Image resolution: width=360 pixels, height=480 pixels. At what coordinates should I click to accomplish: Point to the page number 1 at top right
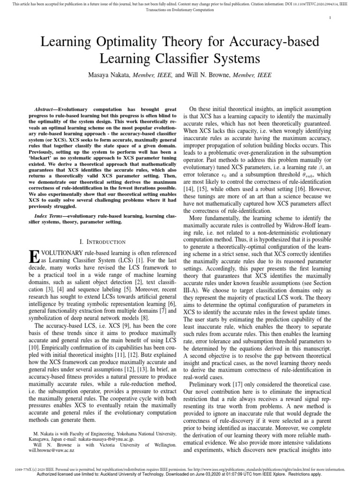[331, 17]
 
